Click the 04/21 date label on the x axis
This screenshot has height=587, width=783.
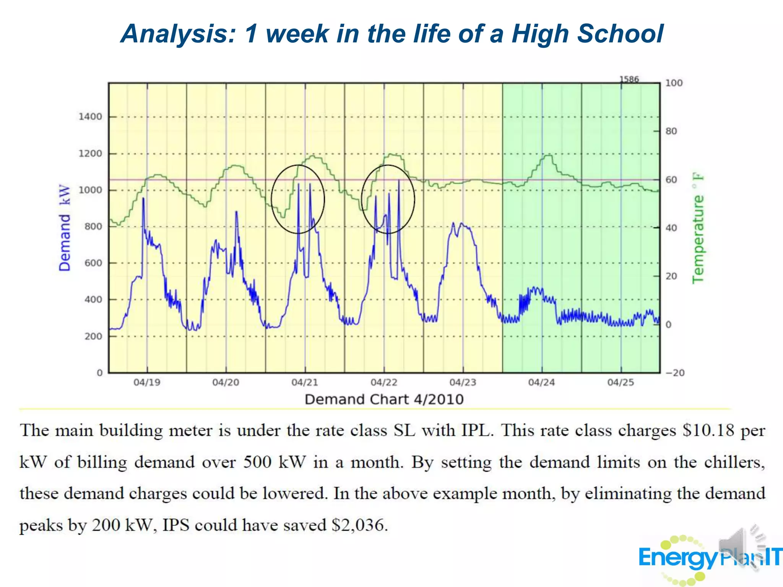305,382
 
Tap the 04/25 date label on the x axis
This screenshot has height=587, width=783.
621,382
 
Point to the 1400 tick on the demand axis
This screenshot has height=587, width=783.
90,117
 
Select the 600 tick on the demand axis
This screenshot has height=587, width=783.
93,263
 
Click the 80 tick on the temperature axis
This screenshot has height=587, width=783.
671,131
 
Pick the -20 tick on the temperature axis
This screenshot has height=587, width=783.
675,373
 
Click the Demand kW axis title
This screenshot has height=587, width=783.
65,228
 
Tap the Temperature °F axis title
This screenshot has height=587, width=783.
698,229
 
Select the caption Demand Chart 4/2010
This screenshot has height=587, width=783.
384,399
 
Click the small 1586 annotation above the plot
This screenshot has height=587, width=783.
629,79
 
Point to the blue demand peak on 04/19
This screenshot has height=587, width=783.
143,199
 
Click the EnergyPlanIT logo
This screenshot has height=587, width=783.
707,558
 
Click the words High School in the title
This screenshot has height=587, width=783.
587,34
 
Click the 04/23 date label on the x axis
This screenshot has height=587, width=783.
463,382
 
